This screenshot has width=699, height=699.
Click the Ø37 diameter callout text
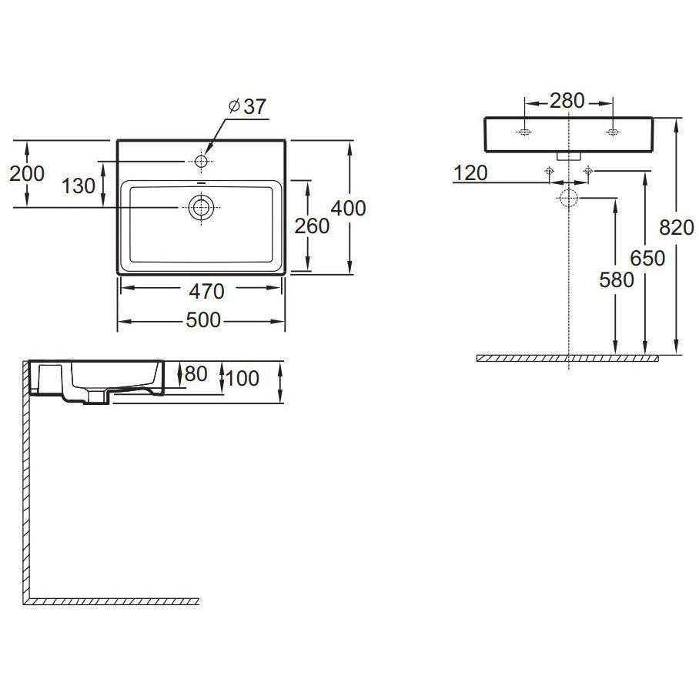click(x=247, y=106)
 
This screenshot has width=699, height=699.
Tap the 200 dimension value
click(x=27, y=173)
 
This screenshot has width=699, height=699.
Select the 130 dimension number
click(x=79, y=186)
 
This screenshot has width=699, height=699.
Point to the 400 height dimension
click(x=349, y=208)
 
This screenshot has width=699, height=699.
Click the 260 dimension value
click(x=312, y=226)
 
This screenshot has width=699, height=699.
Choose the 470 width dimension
click(x=206, y=292)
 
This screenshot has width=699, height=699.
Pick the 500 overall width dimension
click(x=203, y=320)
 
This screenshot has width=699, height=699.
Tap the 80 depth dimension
click(x=196, y=374)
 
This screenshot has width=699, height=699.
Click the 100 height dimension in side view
click(x=242, y=379)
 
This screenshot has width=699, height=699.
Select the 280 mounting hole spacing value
click(x=567, y=101)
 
